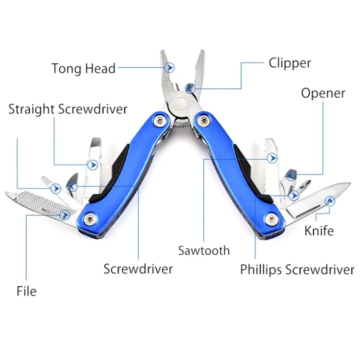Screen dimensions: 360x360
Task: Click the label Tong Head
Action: (x=83, y=68)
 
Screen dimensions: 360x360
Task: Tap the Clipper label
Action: (x=290, y=63)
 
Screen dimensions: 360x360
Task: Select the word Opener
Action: (x=323, y=93)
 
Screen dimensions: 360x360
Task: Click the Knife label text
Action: (x=319, y=230)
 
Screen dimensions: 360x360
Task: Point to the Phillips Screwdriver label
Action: (x=297, y=269)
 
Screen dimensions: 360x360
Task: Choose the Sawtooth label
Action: (x=204, y=250)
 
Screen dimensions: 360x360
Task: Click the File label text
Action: (x=27, y=291)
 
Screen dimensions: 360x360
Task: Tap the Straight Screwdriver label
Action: (x=68, y=109)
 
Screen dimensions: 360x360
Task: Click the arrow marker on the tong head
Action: (x=170, y=67)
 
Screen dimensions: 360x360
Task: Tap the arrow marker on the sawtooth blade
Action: (x=273, y=158)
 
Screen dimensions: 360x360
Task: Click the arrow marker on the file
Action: (x=64, y=215)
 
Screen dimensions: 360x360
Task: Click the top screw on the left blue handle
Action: (x=159, y=121)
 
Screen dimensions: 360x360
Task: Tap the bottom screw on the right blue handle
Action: (x=272, y=218)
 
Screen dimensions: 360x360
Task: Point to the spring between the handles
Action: (x=181, y=124)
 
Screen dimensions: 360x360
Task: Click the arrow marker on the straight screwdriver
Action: (x=94, y=165)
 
